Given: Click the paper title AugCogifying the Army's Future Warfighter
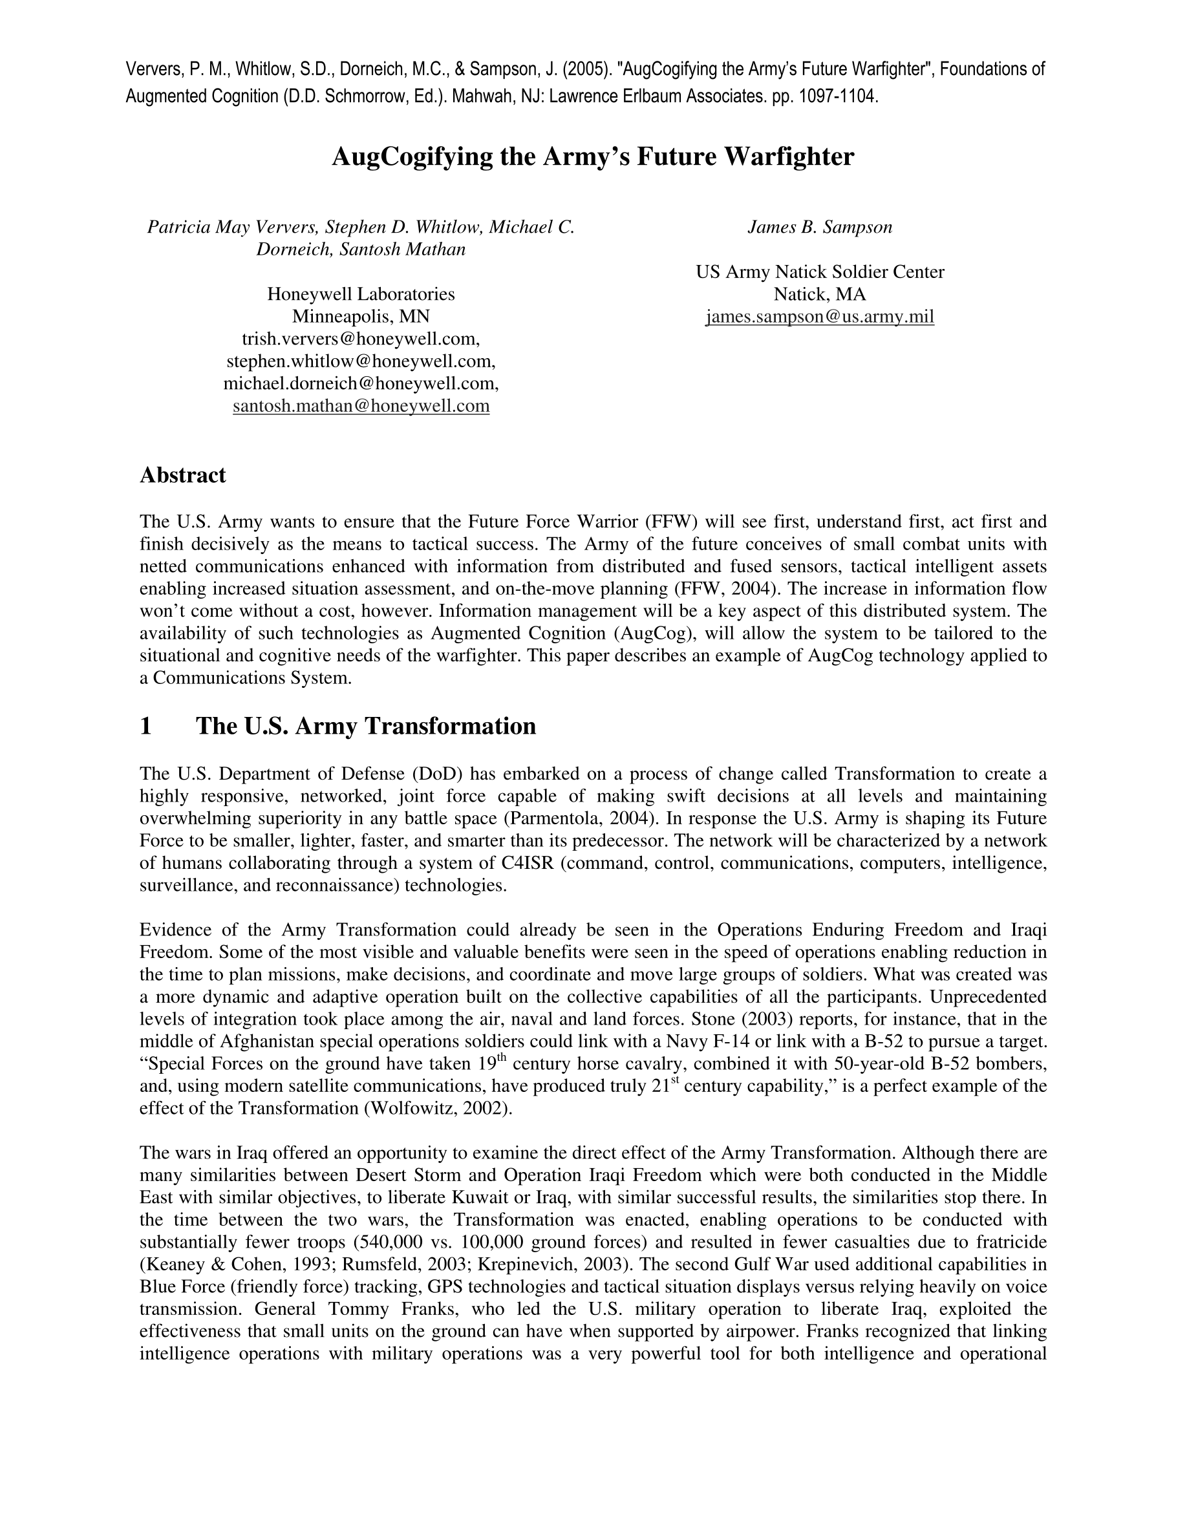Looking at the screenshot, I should coord(593,156).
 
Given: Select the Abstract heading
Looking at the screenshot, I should coord(183,475).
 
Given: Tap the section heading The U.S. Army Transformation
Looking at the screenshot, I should coord(366,726).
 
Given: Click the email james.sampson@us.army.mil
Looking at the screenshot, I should coord(820,317).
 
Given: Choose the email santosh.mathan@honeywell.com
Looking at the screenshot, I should coord(361,406).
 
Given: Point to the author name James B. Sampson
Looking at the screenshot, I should coord(820,227).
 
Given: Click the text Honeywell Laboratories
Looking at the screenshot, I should coord(361,294).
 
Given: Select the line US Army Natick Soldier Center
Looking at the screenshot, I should coord(820,272).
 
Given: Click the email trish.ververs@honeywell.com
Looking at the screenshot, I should coord(361,339).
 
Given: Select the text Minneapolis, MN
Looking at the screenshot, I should coord(361,317).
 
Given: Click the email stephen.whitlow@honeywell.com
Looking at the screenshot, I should coord(361,361).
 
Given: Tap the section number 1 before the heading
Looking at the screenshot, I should coord(146,726).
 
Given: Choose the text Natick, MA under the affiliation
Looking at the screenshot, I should coord(820,294).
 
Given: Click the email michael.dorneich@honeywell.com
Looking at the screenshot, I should coord(361,384).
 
